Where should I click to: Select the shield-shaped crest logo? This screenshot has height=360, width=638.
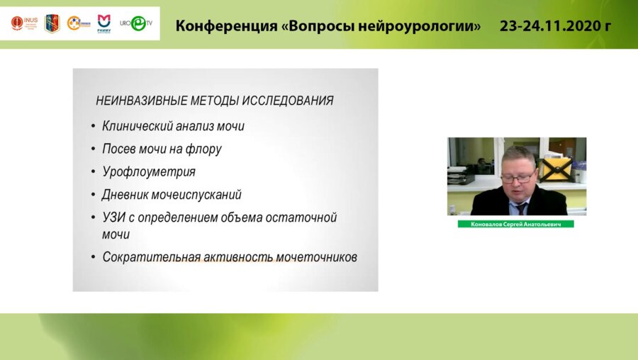(x=52, y=23)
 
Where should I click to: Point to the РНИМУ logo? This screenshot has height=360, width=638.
(x=103, y=23)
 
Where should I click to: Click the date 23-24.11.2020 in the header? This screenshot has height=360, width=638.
(x=555, y=26)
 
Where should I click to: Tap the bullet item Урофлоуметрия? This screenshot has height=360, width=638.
(x=148, y=171)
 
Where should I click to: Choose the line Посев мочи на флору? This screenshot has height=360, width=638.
(x=162, y=149)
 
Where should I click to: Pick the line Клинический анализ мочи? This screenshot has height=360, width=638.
(x=173, y=126)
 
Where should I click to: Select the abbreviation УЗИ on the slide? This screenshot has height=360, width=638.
(x=115, y=217)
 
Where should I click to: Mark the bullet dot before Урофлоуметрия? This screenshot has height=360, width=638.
(x=93, y=172)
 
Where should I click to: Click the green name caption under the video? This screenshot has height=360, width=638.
(x=515, y=224)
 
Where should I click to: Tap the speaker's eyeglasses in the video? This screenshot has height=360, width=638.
(x=518, y=176)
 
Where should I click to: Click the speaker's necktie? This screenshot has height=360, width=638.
(x=522, y=208)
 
